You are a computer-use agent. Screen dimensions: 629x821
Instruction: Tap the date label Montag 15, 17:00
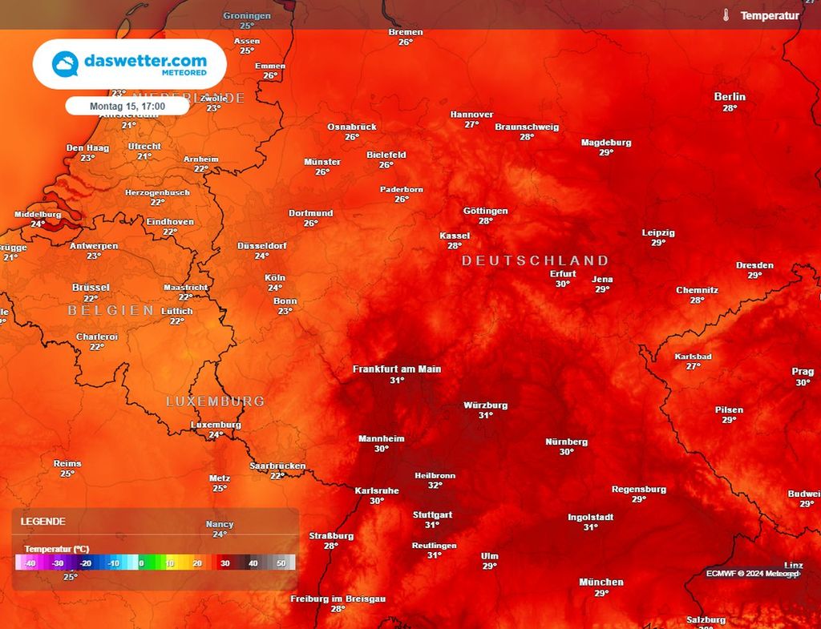[x=127, y=106]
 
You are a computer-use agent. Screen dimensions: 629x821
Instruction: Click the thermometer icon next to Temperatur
[x=726, y=15]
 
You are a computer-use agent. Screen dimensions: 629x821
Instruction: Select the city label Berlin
[x=730, y=97]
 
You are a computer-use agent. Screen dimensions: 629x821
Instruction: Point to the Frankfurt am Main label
[x=397, y=369]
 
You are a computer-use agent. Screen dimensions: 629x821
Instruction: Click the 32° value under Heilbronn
[x=435, y=486]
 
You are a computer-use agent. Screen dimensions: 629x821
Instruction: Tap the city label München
[x=601, y=583]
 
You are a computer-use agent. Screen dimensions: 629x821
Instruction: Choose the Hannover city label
[x=471, y=115]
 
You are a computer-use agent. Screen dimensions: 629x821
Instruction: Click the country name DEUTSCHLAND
[x=535, y=260]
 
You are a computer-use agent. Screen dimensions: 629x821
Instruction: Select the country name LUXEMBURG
[x=215, y=401]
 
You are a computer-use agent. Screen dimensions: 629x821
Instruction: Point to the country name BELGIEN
[x=111, y=310]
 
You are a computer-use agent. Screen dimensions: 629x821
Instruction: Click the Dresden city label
[x=754, y=265]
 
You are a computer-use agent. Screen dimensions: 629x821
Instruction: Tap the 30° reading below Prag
[x=803, y=383]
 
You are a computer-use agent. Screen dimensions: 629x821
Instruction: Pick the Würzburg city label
[x=485, y=405]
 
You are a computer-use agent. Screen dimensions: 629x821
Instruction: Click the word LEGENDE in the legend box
[x=43, y=521]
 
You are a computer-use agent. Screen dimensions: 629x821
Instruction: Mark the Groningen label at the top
[x=247, y=16]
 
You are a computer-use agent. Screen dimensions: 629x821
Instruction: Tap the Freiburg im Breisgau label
[x=338, y=599]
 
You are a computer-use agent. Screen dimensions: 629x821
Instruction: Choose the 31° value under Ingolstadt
[x=591, y=527]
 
